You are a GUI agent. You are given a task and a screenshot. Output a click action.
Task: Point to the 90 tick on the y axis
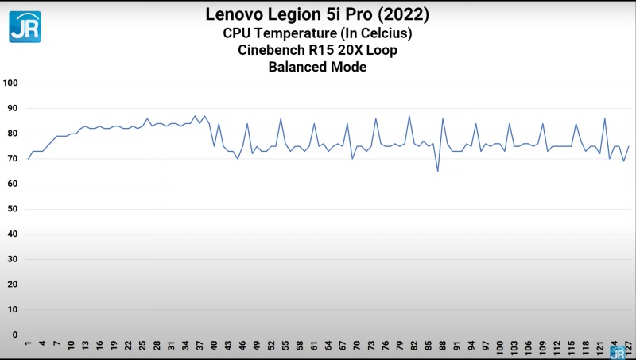click(12, 108)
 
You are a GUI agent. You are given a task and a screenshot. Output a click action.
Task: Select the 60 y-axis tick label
click(12, 184)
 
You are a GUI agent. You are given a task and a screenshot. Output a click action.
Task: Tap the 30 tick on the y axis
click(12, 259)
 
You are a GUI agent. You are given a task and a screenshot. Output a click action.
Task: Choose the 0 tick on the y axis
click(14, 335)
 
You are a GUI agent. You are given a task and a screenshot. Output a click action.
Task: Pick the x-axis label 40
click(214, 346)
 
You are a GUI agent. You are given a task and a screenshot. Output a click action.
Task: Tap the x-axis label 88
click(443, 346)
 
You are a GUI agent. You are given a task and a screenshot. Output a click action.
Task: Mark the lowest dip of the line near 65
click(438, 171)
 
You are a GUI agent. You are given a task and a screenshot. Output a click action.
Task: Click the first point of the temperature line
click(29, 159)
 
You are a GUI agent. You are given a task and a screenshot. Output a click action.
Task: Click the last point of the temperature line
click(629, 146)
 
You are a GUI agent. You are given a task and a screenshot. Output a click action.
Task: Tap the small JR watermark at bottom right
click(617, 352)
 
